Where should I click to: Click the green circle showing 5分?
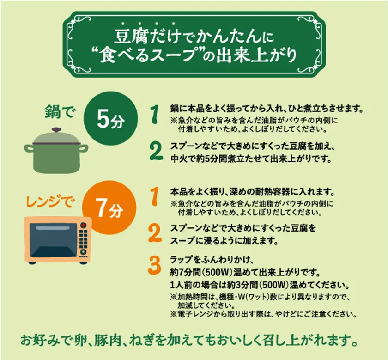(111, 118)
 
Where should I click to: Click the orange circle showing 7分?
(109, 207)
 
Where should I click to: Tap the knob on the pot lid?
(57, 130)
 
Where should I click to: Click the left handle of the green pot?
(29, 148)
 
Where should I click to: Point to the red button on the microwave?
(84, 226)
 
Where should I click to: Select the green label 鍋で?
(60, 112)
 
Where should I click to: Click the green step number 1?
(155, 114)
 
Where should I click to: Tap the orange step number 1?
(154, 196)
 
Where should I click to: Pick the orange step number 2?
(155, 233)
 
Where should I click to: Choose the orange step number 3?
(154, 266)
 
